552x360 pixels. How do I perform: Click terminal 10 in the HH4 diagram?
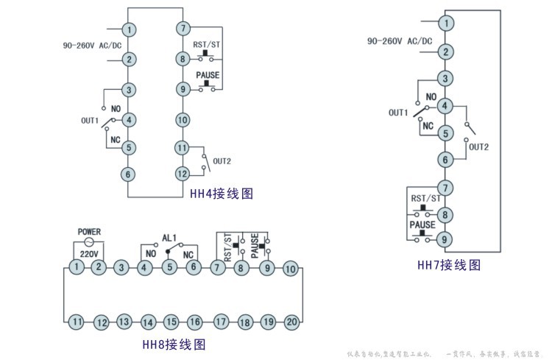coord(183,119)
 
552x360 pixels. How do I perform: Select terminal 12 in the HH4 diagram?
coord(183,174)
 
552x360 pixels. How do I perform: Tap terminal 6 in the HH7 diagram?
coord(445,160)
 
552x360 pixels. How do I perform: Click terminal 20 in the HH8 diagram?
coord(291,321)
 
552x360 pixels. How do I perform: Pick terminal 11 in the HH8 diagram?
coord(77,321)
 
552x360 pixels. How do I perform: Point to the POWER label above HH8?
coord(89,231)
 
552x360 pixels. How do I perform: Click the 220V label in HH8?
coord(89,253)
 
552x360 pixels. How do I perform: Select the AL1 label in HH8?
coord(169,238)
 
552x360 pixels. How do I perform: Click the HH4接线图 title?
coord(222,194)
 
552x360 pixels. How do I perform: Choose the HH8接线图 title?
coord(173,344)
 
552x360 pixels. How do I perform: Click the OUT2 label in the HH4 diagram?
coord(222,160)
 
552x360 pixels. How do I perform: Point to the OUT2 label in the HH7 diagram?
coord(478,147)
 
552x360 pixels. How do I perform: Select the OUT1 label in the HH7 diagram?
coord(398,113)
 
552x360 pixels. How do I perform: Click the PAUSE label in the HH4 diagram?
coord(207,76)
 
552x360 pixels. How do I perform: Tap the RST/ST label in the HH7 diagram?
coord(426,199)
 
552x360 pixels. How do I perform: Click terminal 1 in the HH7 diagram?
coord(445,23)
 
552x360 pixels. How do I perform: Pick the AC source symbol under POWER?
coord(89,242)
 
